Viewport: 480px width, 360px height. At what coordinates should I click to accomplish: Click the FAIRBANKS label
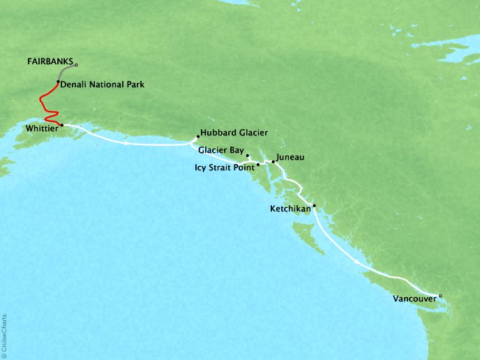point(50,61)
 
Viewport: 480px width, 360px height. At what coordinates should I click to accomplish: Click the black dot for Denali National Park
point(58,82)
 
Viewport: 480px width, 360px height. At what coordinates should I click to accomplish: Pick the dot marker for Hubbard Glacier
point(198,136)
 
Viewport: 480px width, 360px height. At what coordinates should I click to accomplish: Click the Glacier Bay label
point(220,150)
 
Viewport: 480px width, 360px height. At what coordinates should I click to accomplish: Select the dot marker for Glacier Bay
point(247,156)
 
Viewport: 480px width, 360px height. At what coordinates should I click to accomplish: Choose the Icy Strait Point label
point(225,167)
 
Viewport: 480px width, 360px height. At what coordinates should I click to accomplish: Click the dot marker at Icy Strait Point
point(258,165)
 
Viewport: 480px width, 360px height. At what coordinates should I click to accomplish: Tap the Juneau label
point(290,158)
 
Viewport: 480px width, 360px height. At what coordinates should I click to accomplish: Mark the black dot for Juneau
point(273,162)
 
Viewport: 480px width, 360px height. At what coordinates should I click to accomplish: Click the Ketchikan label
point(290,209)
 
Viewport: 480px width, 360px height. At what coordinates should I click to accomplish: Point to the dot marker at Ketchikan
point(314,205)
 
